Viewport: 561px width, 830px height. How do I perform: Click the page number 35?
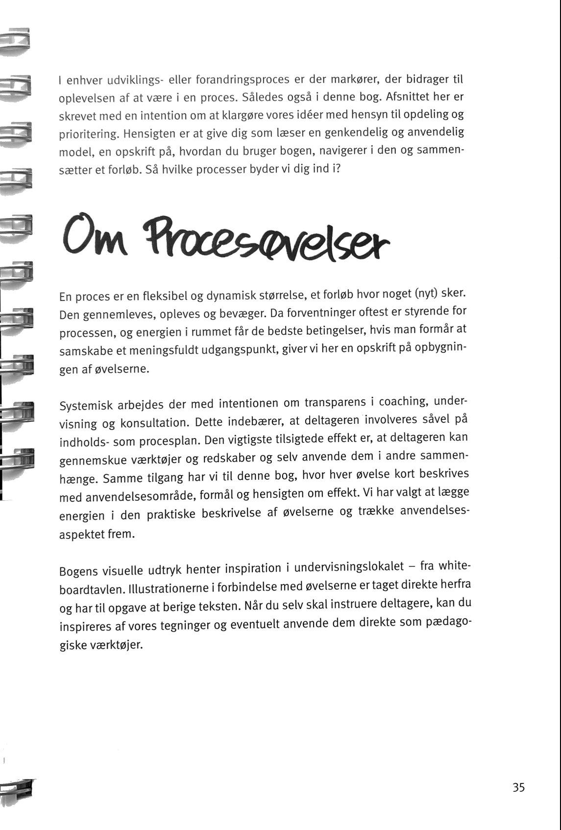click(x=519, y=787)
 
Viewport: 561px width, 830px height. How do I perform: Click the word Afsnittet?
click(x=407, y=97)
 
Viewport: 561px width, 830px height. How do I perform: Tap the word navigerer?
click(x=343, y=150)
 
